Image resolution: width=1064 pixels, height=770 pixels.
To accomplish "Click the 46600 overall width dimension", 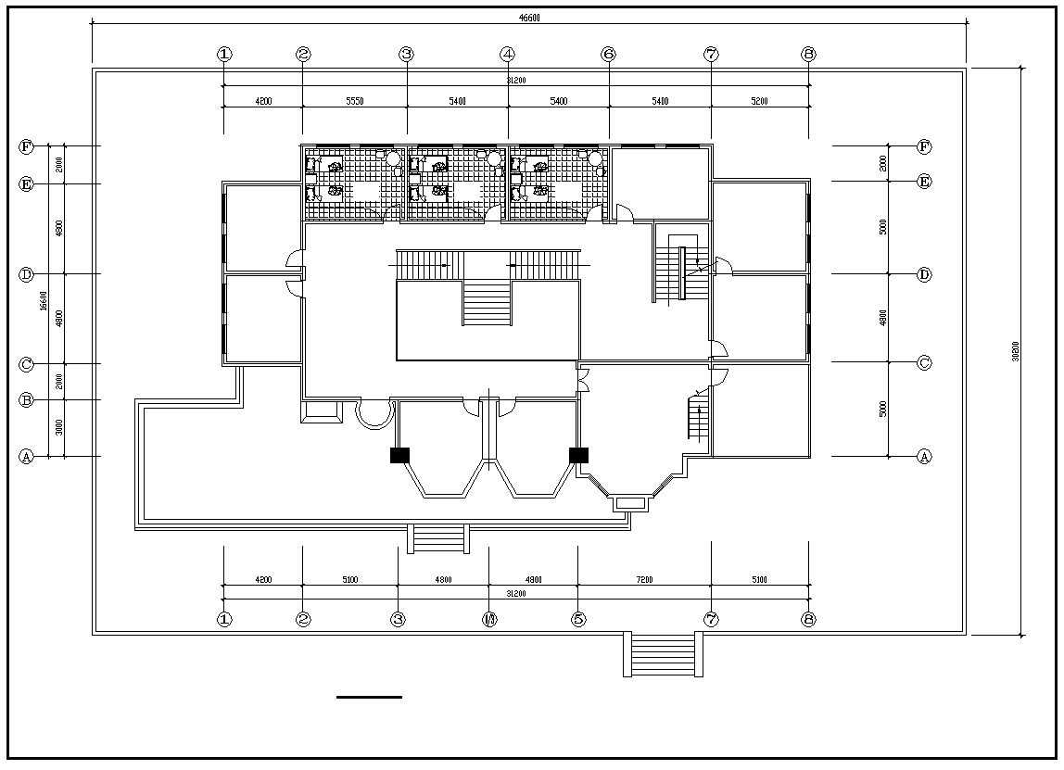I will [x=529, y=18].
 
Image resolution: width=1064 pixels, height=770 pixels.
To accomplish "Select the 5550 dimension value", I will [x=354, y=101].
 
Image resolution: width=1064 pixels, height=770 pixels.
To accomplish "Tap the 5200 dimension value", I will [x=759, y=101].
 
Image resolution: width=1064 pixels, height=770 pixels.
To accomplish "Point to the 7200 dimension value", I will [x=644, y=580].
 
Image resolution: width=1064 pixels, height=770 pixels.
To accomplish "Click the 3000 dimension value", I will [x=58, y=427].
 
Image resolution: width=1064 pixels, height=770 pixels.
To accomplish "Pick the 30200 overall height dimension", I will [x=1016, y=351].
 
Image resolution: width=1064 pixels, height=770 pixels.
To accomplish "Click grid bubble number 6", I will [x=609, y=54].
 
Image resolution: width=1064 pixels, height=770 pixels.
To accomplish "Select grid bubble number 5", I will [x=578, y=620].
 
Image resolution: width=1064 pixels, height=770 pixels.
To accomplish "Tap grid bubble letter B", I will [x=26, y=400].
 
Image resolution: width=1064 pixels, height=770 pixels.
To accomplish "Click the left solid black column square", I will [x=399, y=455].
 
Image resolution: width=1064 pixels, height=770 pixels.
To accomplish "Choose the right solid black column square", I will [x=578, y=455].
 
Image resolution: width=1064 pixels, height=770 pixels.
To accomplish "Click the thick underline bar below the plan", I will [x=369, y=697].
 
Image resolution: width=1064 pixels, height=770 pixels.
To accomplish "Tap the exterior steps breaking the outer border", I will [x=664, y=654].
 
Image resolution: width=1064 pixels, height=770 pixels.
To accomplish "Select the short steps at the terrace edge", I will [x=438, y=538].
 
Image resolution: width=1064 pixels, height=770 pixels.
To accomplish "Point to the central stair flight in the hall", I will [x=487, y=304].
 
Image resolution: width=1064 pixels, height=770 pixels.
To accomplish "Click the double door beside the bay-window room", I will [x=584, y=379].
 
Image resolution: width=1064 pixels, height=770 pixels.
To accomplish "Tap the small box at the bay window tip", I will [x=629, y=503].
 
